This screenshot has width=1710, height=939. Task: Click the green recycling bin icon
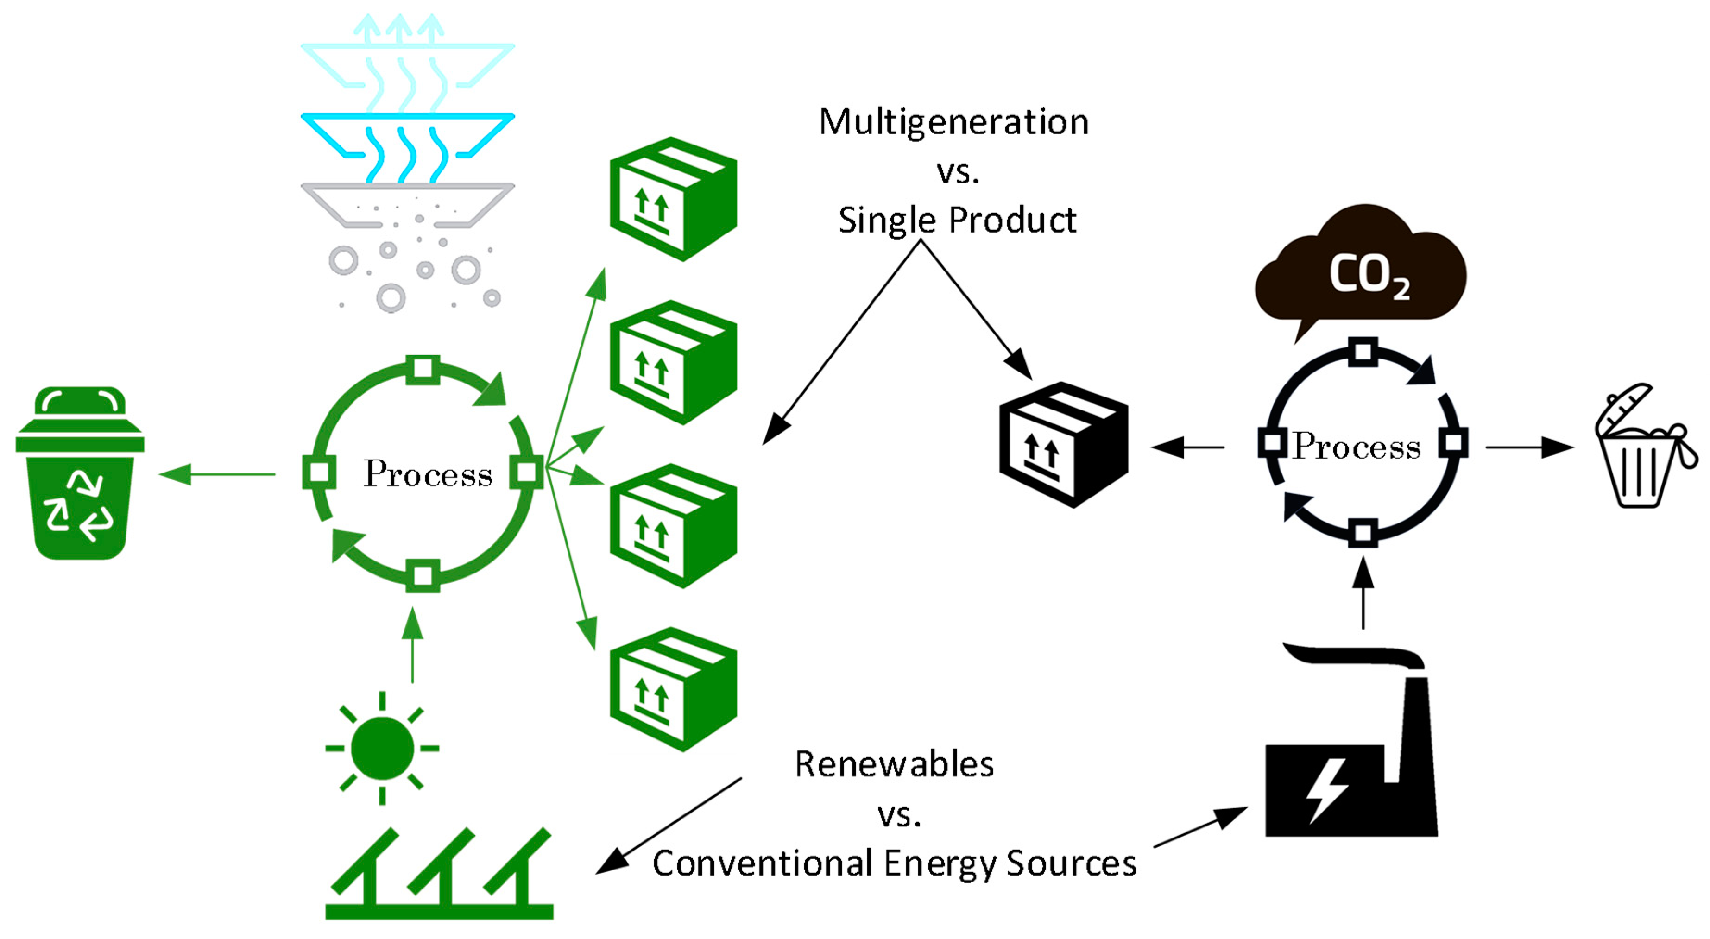pos(80,474)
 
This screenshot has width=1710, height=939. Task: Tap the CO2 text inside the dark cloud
pos(1368,275)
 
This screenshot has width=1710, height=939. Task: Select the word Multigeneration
pos(953,123)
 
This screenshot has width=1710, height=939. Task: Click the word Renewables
pos(894,764)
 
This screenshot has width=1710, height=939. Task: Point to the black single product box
pos(1063,445)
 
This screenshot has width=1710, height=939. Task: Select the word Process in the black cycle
pos(1356,446)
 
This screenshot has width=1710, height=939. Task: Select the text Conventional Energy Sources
pos(894,863)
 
